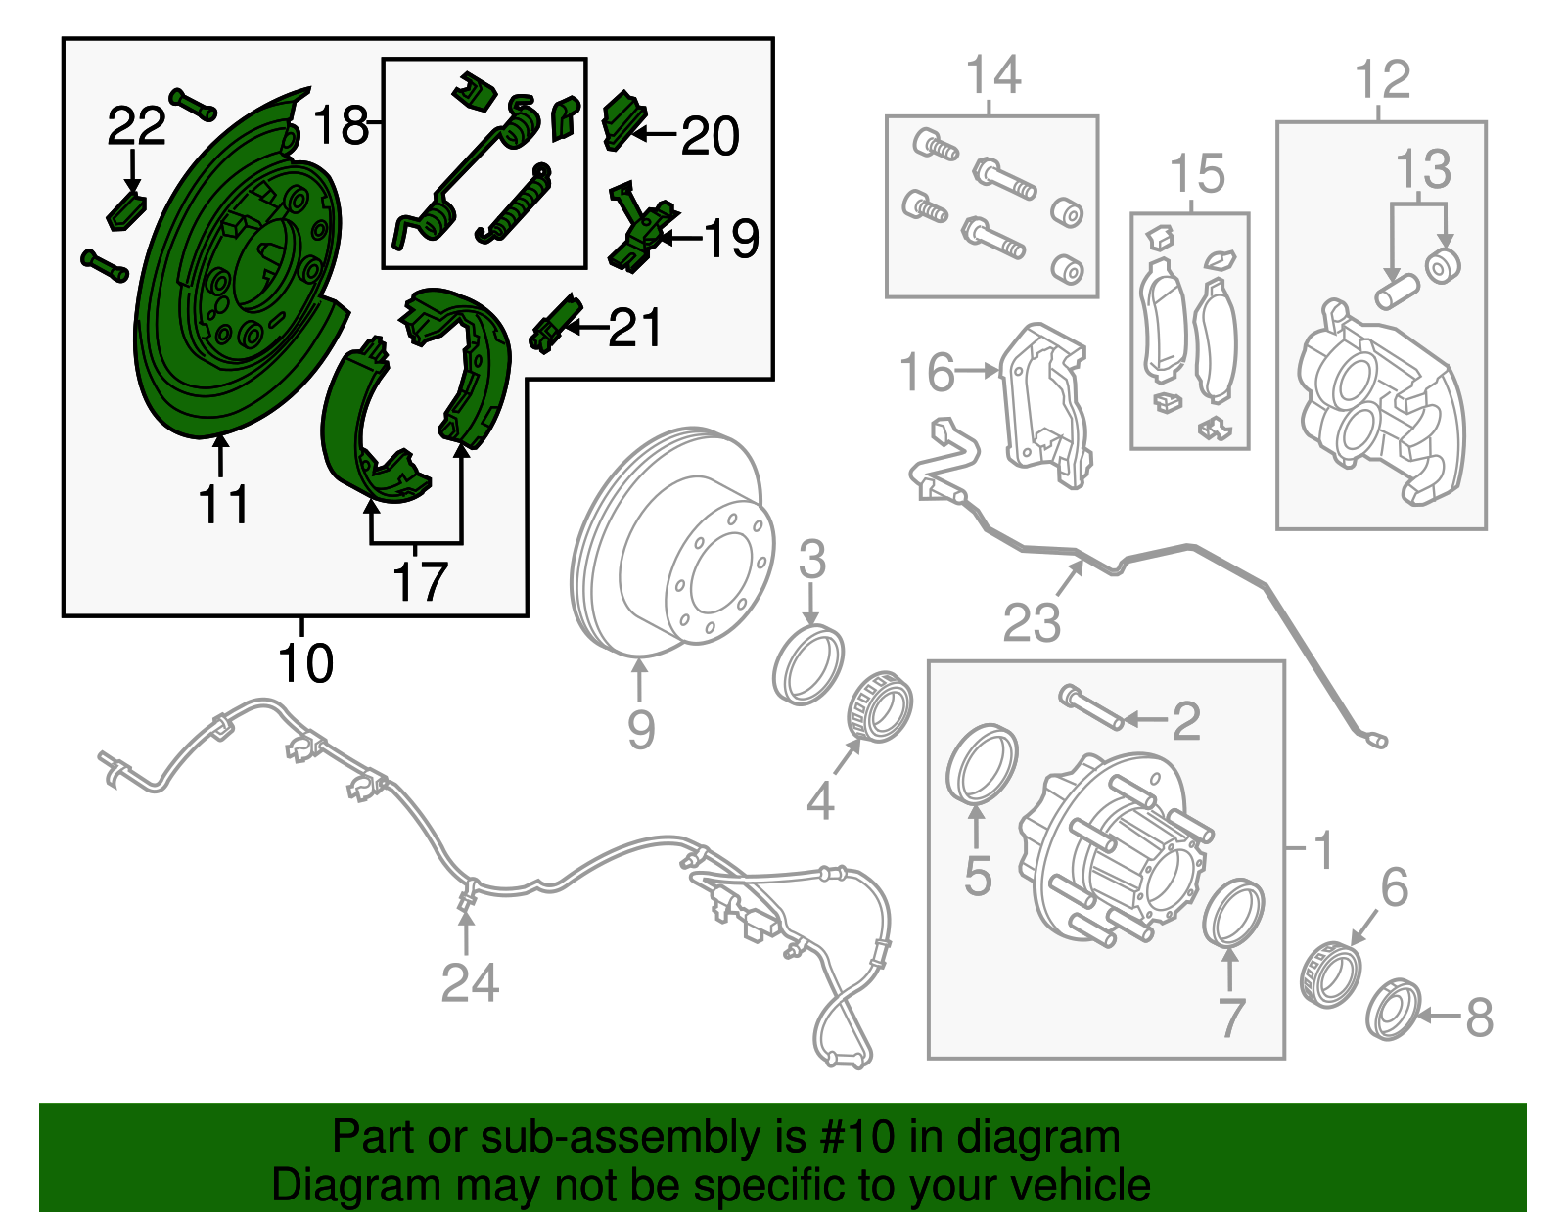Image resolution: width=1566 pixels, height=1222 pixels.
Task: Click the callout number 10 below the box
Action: [305, 664]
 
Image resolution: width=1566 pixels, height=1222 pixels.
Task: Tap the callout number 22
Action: [136, 126]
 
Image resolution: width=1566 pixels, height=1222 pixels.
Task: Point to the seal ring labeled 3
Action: [807, 666]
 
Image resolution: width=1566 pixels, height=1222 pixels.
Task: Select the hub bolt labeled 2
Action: [1090, 707]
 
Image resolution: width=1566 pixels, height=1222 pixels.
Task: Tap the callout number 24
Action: [470, 982]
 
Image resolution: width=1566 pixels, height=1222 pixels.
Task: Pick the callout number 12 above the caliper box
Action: [1382, 79]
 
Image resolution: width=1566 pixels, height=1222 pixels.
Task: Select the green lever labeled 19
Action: [642, 231]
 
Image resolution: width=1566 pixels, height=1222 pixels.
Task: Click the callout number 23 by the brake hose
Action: [1032, 622]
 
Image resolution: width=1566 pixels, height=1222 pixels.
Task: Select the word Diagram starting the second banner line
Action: [343, 1186]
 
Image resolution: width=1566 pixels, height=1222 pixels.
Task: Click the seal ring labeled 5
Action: [983, 762]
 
